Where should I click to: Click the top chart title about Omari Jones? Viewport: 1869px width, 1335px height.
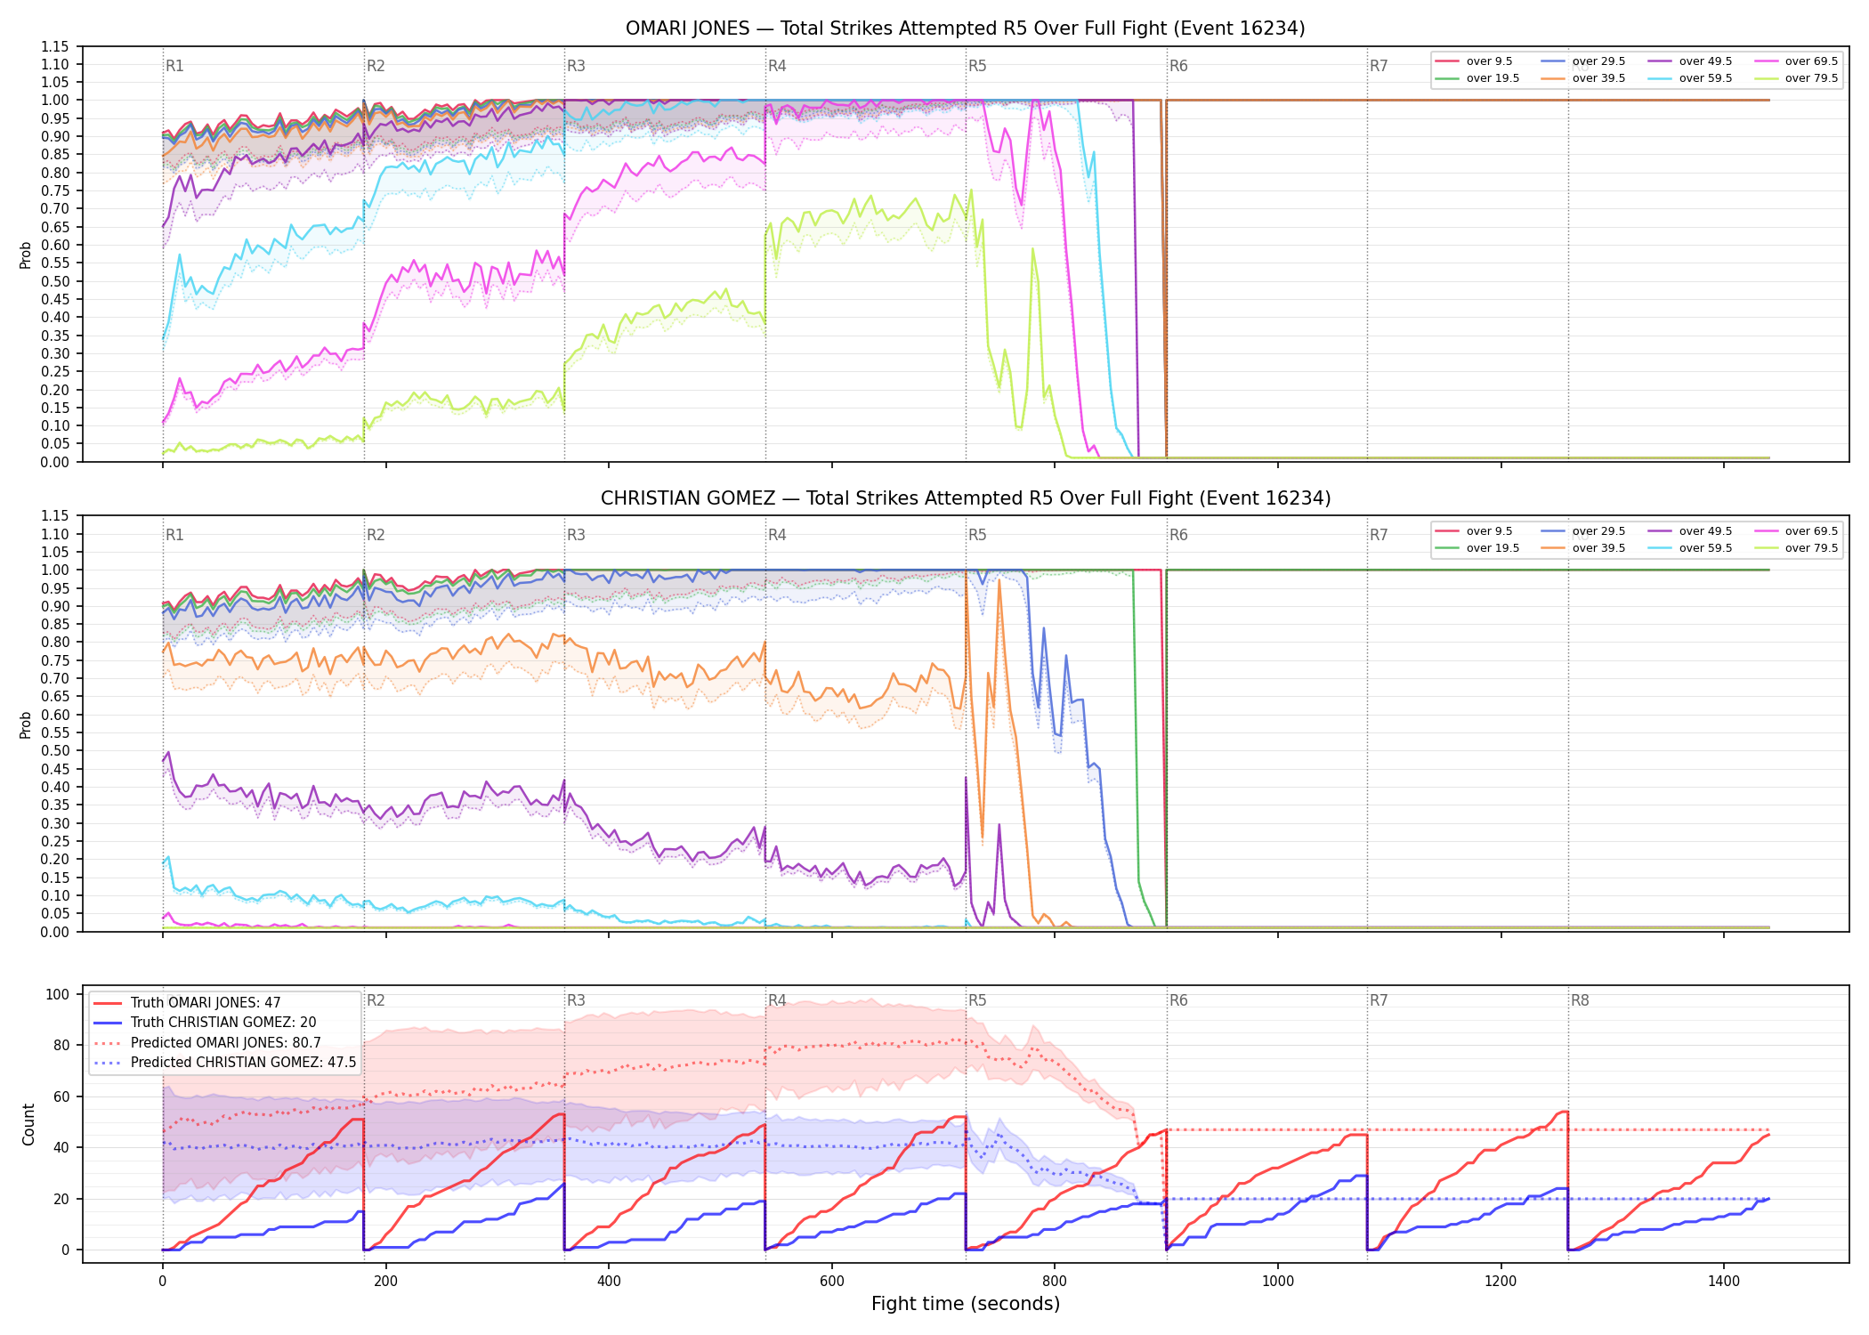pos(965,28)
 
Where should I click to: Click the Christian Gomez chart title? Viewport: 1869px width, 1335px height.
pos(966,498)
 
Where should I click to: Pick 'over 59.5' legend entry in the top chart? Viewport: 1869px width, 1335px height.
pos(1690,78)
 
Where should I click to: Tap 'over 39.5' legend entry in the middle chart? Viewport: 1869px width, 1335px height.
pos(1583,548)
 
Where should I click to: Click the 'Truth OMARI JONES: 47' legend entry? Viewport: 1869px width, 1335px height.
pos(187,1003)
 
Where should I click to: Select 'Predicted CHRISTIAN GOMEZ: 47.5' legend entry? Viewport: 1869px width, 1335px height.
pos(224,1063)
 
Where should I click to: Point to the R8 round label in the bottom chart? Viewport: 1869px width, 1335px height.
pos(1580,1000)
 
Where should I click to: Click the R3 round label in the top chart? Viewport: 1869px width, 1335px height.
pos(576,66)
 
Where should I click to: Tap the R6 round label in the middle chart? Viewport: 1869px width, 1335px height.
pos(1178,535)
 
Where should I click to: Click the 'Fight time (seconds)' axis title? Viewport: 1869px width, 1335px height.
pos(966,1304)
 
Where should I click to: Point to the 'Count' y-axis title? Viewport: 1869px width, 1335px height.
pos(28,1124)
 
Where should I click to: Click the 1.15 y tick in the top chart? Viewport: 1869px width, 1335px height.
pos(55,46)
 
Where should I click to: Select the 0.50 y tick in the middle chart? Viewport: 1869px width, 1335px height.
pos(55,751)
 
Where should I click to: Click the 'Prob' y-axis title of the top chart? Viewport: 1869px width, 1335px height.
pos(26,255)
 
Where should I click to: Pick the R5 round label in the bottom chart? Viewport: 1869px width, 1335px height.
pos(977,1000)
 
